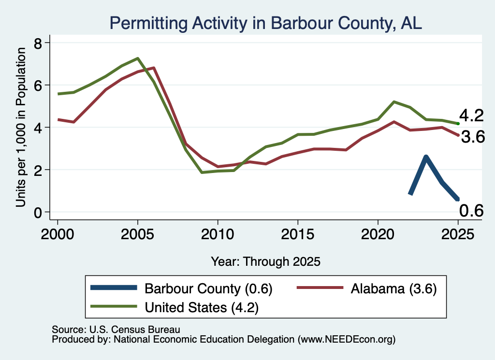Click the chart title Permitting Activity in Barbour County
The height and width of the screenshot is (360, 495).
point(266,23)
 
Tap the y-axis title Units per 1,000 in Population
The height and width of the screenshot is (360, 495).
point(20,127)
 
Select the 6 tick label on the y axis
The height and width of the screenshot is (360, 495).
point(38,85)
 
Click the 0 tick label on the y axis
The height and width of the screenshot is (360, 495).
point(38,212)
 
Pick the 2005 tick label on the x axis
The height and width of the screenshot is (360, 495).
point(137,234)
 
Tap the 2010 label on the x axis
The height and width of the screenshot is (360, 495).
point(218,234)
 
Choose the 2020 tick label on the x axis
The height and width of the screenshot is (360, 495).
point(378,234)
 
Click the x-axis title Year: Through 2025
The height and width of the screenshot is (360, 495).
point(265,261)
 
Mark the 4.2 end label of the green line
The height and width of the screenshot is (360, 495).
point(471,115)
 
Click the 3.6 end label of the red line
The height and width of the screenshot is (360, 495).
point(473,137)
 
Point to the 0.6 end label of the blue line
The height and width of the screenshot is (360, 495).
point(471,211)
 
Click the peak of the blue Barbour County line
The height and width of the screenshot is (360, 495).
point(426,157)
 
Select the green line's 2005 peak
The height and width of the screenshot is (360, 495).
point(138,58)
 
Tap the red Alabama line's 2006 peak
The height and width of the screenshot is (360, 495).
point(153,68)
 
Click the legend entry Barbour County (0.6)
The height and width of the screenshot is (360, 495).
point(182,288)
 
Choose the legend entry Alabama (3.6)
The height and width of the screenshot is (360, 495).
point(367,288)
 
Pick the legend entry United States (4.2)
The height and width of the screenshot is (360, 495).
point(175,307)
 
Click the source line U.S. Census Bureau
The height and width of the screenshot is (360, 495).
point(116,330)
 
